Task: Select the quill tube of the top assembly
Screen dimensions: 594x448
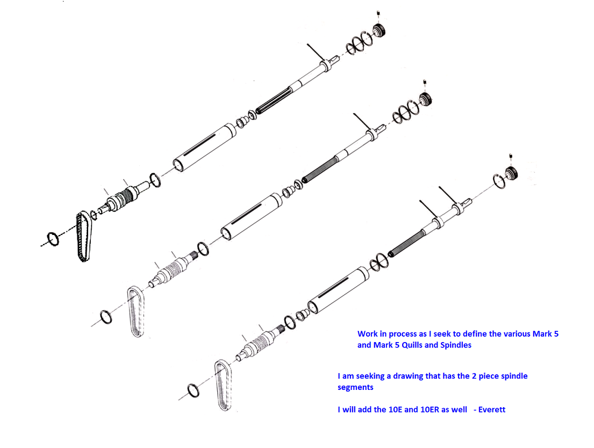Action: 205,147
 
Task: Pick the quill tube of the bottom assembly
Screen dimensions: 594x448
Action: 338,290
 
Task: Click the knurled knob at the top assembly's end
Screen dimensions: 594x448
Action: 379,31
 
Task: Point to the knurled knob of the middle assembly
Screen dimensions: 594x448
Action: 425,99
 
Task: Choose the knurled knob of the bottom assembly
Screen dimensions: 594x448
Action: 511,173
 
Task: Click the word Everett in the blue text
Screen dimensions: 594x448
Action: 492,409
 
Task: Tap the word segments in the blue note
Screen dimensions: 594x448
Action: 355,387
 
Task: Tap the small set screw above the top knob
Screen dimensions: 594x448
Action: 378,15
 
